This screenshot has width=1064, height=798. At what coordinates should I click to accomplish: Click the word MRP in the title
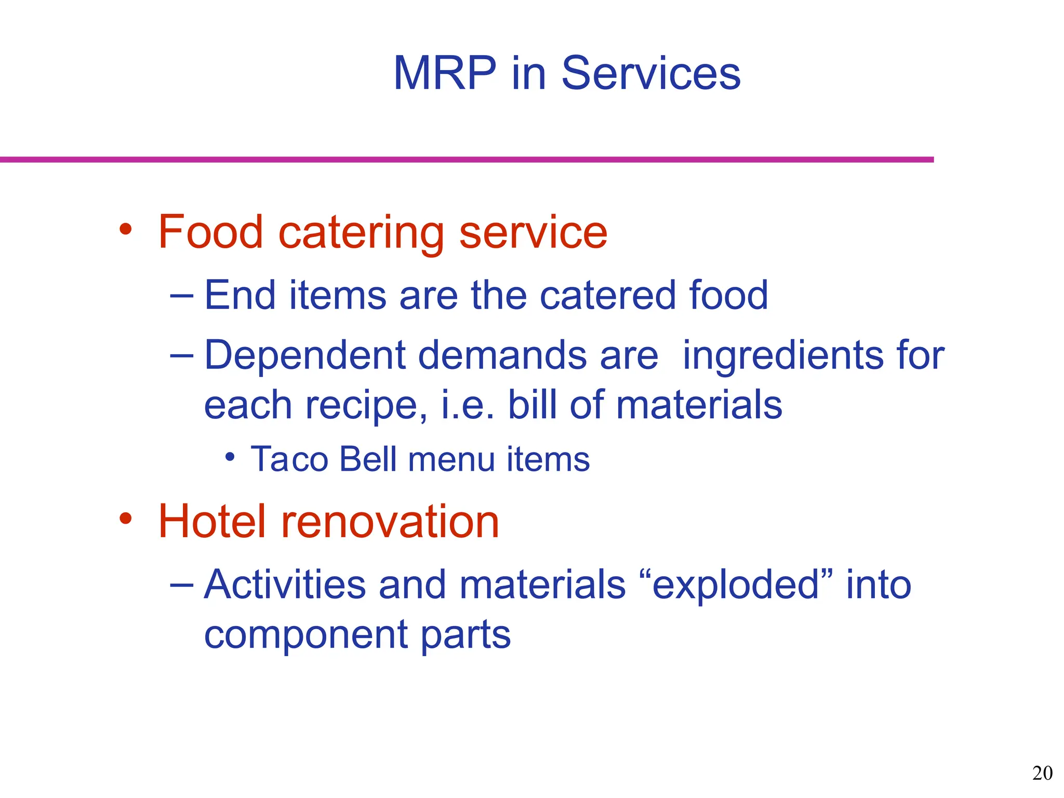click(x=445, y=74)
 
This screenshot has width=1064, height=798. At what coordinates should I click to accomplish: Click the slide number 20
click(x=1042, y=773)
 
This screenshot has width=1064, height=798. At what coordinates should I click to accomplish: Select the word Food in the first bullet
click(x=210, y=232)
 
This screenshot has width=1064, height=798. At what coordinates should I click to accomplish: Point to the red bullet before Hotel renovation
click(x=126, y=518)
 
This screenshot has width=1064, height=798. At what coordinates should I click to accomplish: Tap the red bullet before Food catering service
click(x=126, y=229)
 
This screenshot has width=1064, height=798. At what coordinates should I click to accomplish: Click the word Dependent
click(x=304, y=356)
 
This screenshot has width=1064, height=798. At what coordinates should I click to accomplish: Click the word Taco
click(x=289, y=459)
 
